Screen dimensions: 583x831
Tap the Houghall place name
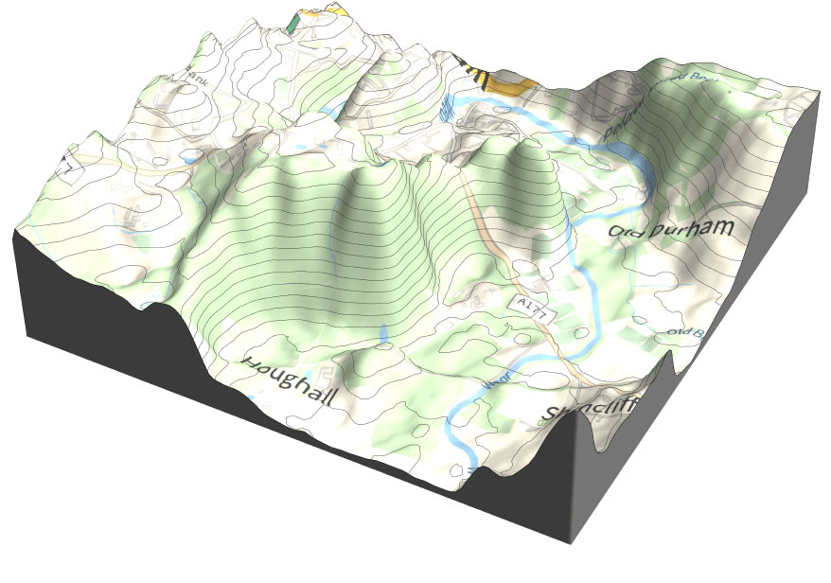(290, 380)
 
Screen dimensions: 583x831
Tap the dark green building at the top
(294, 18)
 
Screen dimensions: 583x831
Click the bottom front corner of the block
(570, 541)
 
